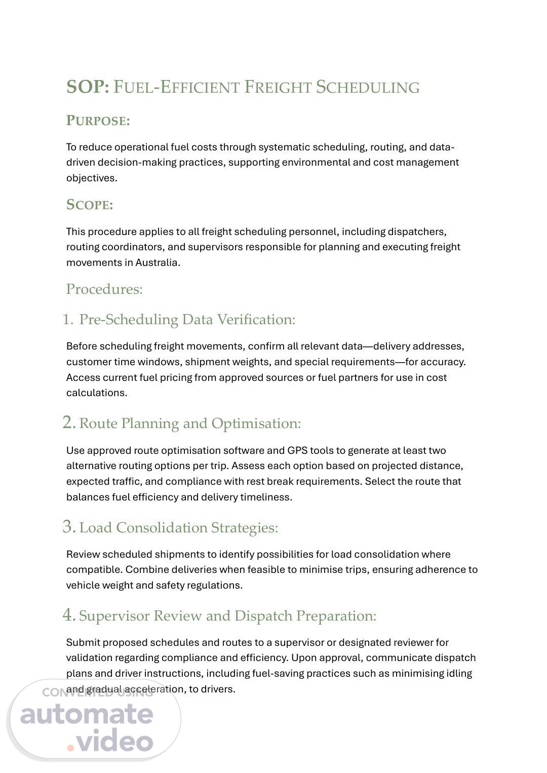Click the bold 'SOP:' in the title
(x=87, y=87)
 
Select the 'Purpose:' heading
(x=98, y=121)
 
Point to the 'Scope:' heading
(x=90, y=205)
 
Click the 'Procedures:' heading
(x=104, y=289)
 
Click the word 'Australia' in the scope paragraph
(x=157, y=262)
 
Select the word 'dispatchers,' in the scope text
(x=417, y=231)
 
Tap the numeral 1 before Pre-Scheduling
(x=67, y=320)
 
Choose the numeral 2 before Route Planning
(x=68, y=423)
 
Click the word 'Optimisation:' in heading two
(x=256, y=423)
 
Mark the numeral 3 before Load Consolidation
(x=68, y=527)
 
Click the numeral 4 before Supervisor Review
(x=68, y=615)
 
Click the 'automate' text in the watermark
(x=87, y=714)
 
